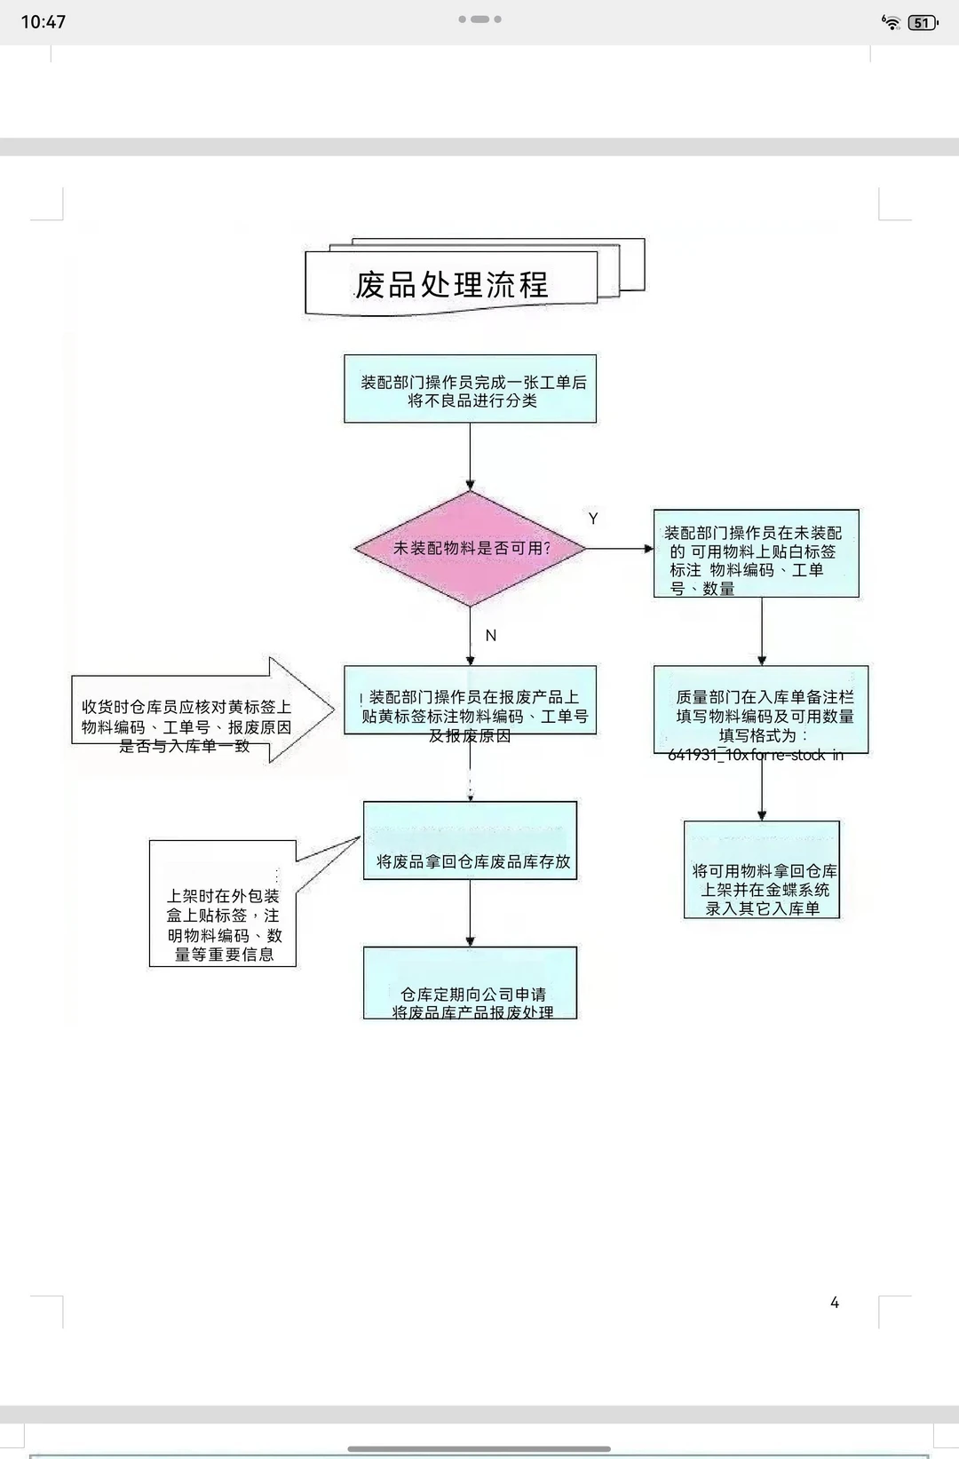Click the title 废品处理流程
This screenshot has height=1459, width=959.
pyautogui.click(x=452, y=285)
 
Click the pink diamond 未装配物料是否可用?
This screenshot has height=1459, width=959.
pyautogui.click(x=471, y=548)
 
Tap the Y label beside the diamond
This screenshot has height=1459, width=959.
pyautogui.click(x=593, y=519)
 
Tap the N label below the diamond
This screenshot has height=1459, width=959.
pyautogui.click(x=491, y=636)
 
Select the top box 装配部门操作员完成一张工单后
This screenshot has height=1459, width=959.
pyautogui.click(x=470, y=390)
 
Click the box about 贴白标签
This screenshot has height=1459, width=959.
pyautogui.click(x=756, y=553)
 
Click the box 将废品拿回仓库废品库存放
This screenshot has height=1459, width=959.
pyautogui.click(x=470, y=841)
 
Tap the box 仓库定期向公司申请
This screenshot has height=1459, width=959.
pyautogui.click(x=470, y=983)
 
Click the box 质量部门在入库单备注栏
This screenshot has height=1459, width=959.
pyautogui.click(x=761, y=710)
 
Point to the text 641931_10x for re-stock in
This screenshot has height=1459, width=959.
pyautogui.click(x=756, y=756)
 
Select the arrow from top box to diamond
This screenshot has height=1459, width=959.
pyautogui.click(x=470, y=456)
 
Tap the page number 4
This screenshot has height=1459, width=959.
pyautogui.click(x=835, y=1303)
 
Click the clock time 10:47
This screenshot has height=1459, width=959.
pyautogui.click(x=44, y=22)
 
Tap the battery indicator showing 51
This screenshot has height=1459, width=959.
pyautogui.click(x=923, y=23)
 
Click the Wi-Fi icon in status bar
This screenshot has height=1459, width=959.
pyautogui.click(x=890, y=23)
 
